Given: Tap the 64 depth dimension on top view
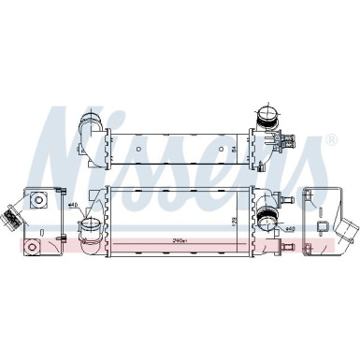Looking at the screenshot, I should [233, 147].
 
